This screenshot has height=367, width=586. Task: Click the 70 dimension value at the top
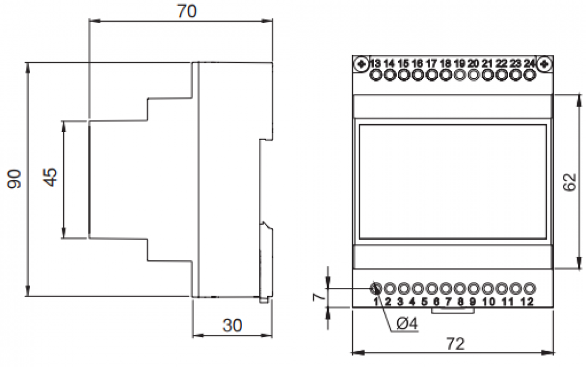[187, 11]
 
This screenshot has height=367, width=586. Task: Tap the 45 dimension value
[51, 177]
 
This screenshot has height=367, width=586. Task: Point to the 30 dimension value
[232, 325]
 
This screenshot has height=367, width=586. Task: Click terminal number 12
[527, 303]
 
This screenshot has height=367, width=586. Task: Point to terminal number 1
[376, 303]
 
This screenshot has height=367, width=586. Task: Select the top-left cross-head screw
[361, 63]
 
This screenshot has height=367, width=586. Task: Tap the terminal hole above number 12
[530, 288]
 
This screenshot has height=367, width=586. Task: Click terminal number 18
[445, 63]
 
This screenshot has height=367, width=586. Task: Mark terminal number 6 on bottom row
[437, 303]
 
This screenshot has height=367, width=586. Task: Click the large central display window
[452, 182]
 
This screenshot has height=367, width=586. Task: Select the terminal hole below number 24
[530, 74]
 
